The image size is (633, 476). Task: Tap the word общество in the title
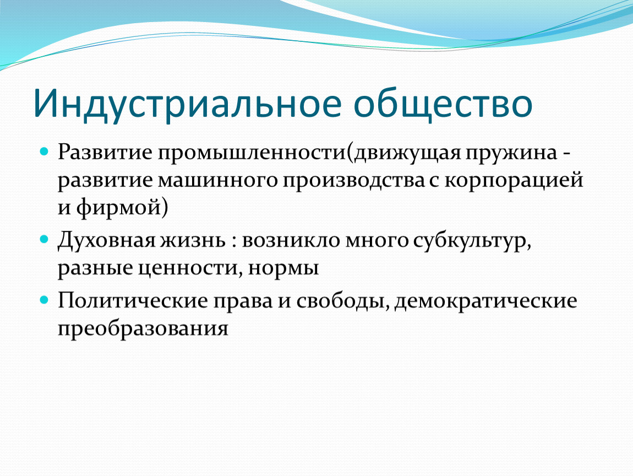(x=443, y=104)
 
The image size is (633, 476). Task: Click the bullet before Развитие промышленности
(x=45, y=152)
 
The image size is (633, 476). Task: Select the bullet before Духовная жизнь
(x=45, y=239)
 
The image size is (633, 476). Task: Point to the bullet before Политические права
(x=45, y=300)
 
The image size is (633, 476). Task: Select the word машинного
(x=218, y=181)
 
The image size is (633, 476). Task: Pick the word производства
(x=353, y=181)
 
